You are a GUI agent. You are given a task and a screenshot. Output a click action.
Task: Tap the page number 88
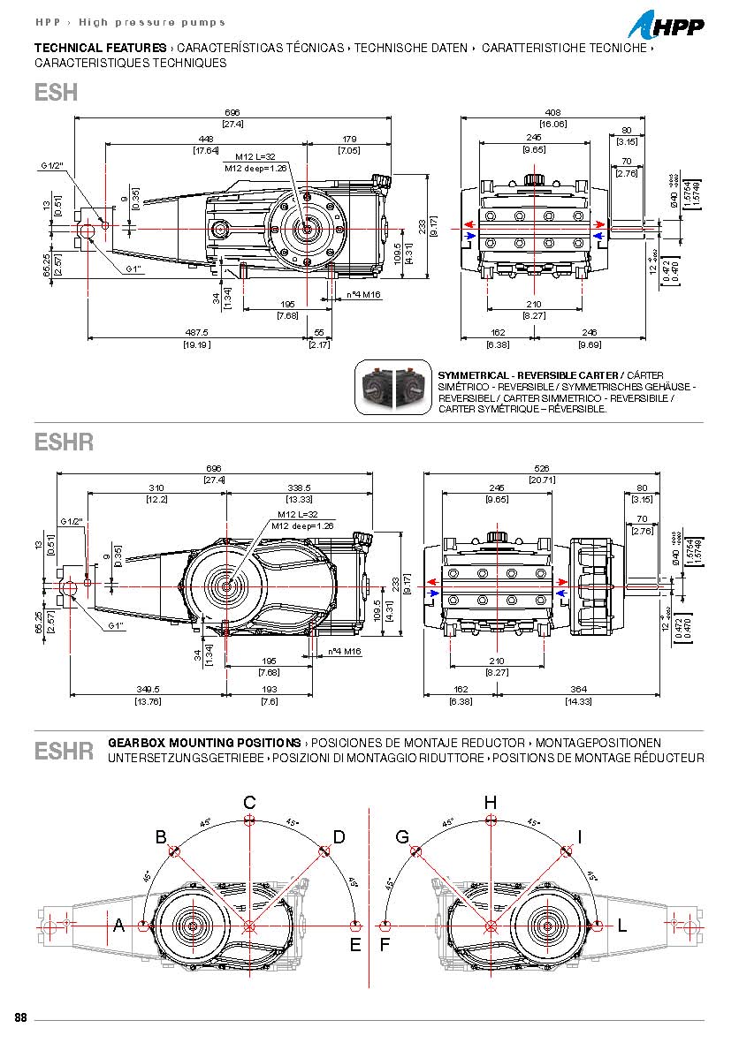[x=20, y=1017]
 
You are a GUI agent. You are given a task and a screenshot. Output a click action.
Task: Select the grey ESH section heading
[x=57, y=92]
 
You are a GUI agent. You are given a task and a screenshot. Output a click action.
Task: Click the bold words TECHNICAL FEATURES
[x=100, y=48]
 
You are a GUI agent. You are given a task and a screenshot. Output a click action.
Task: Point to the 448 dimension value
[x=206, y=139]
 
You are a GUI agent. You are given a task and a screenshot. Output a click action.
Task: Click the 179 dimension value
[x=349, y=139]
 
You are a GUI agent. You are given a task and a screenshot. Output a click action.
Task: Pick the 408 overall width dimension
[x=552, y=113]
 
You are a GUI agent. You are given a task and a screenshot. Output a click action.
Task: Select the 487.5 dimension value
[x=197, y=334]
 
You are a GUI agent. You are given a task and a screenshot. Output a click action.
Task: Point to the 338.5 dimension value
[x=298, y=487]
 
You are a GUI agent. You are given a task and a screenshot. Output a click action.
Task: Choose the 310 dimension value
[x=156, y=487]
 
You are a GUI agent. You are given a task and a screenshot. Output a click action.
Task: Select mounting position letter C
[x=250, y=802]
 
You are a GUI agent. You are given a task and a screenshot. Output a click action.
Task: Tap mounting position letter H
[x=491, y=802]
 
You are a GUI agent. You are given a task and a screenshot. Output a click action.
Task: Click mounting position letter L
[x=622, y=926]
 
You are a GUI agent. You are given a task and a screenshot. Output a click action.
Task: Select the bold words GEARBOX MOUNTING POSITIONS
[x=204, y=743]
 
